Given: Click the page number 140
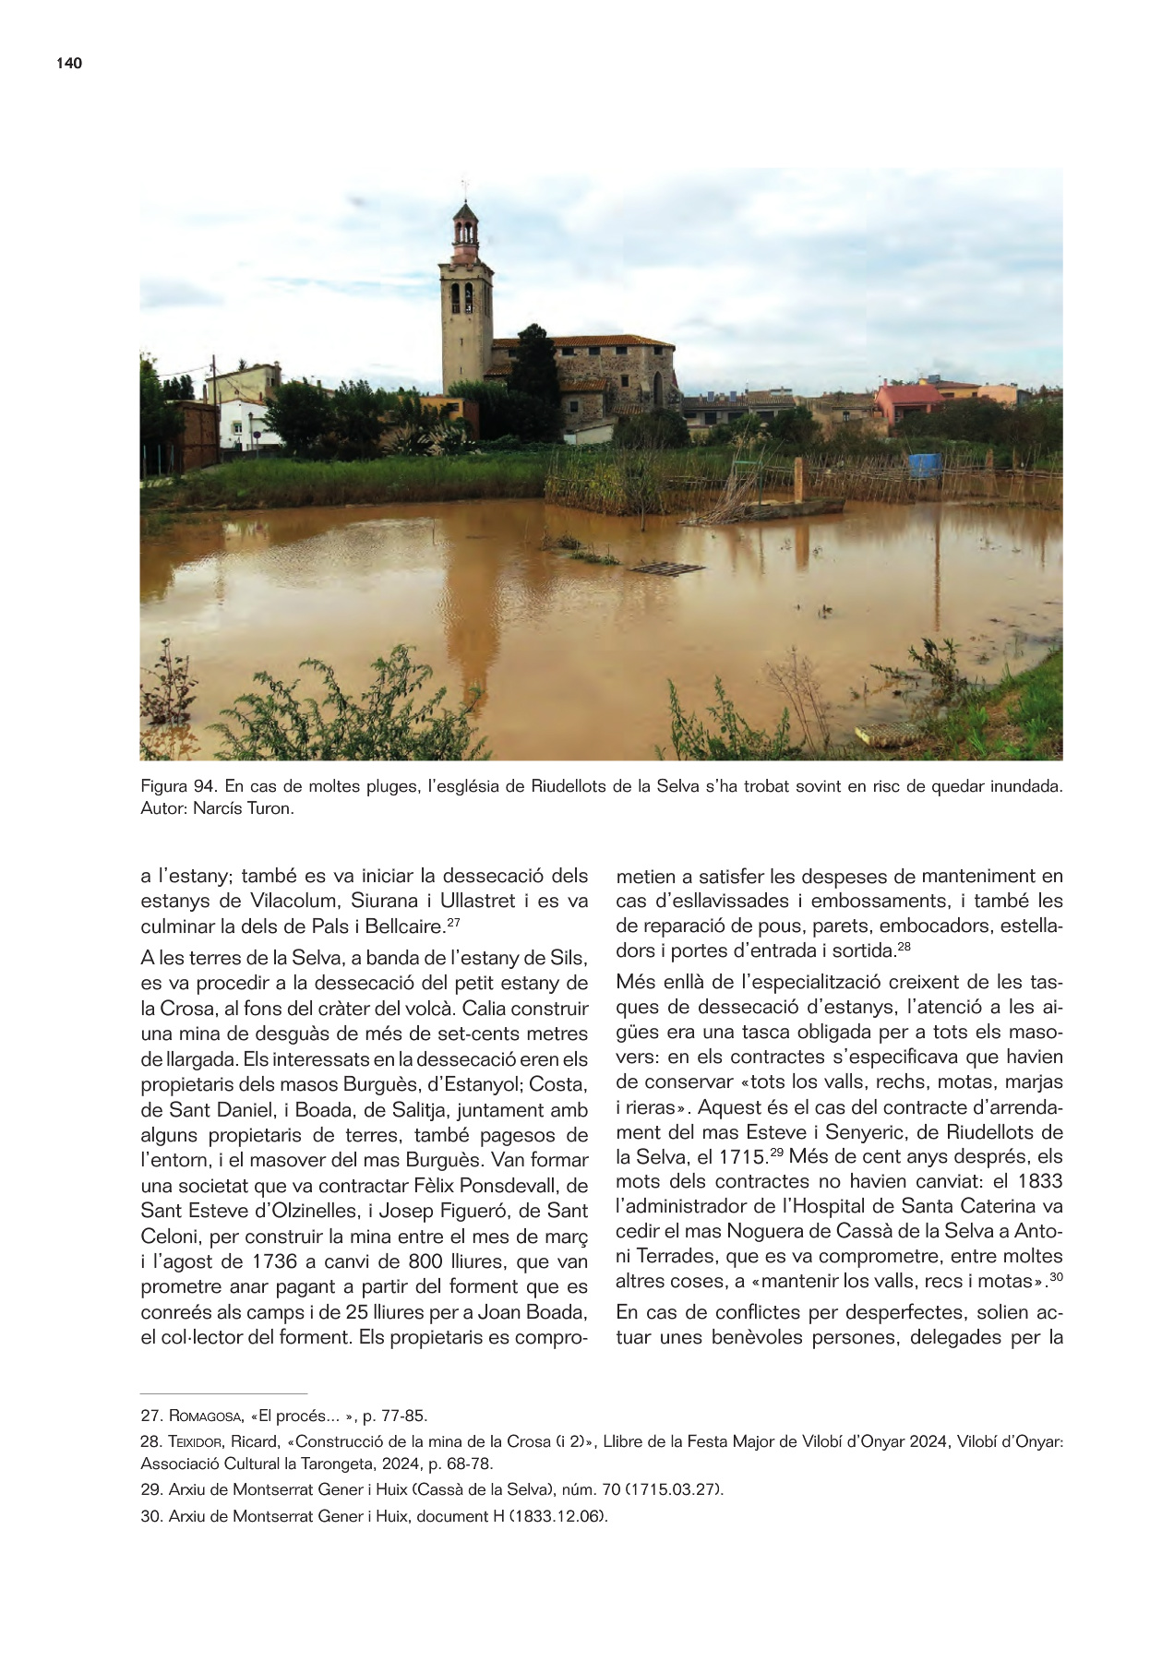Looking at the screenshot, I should coord(69,63).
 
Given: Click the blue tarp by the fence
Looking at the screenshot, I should coord(925,465).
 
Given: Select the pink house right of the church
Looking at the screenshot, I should coord(907,402).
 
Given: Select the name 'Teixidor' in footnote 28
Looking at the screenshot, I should coord(198,1441).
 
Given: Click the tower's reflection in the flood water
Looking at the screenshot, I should coord(468,600).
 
